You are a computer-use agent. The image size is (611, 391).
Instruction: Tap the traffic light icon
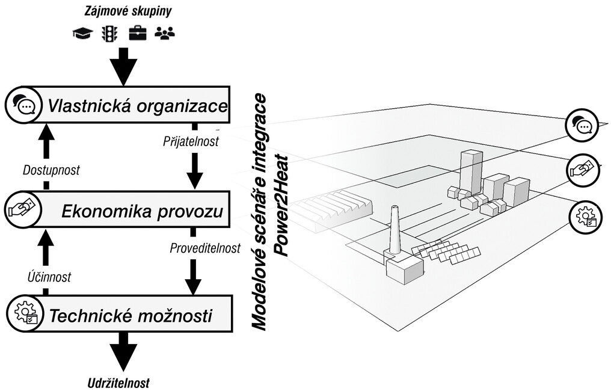point(108,34)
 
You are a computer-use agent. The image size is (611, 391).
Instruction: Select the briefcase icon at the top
point(137,34)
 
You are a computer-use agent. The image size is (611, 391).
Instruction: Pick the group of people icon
point(164,34)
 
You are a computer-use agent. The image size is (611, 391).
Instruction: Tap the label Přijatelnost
point(190,142)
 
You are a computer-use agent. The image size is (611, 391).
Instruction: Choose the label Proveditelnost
point(205,247)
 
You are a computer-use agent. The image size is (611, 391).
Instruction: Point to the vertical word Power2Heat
point(281,205)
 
